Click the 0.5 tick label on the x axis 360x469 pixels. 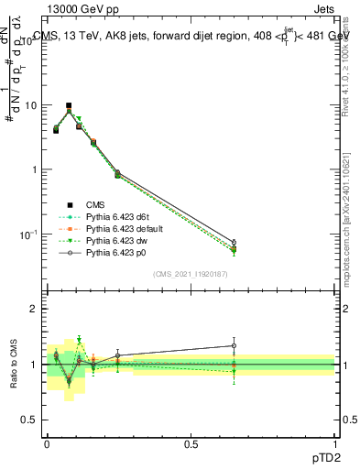point(191,443)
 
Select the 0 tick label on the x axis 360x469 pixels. point(47,443)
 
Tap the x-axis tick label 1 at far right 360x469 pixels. point(334,443)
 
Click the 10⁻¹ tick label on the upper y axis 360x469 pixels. point(29,234)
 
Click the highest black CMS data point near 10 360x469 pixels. point(69,106)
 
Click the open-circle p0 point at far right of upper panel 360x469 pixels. point(234,243)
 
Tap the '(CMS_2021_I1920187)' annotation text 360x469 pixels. point(190,274)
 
